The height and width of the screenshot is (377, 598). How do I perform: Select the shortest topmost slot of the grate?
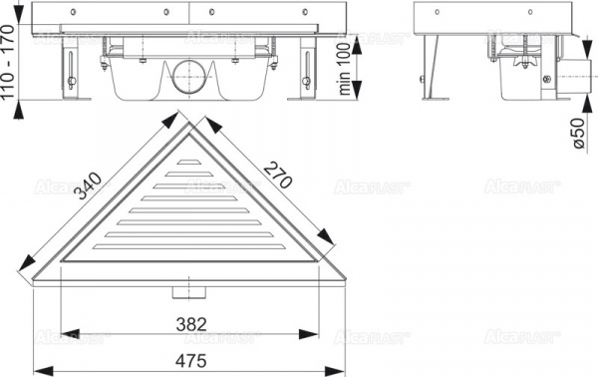click(x=189, y=161)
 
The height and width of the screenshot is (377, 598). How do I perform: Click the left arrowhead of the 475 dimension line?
click(x=40, y=370)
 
